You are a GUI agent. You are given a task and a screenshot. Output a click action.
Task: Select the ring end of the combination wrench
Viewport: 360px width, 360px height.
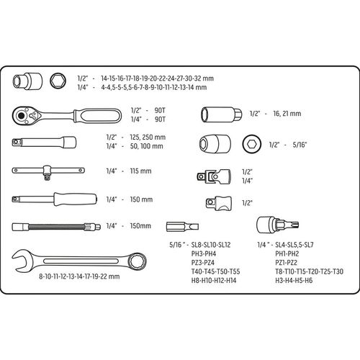pos(137,261)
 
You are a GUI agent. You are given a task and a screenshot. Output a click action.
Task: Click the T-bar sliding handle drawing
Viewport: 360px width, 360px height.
pos(48,171)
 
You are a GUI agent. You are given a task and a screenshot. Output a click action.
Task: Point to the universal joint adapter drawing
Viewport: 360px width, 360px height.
pos(214,176)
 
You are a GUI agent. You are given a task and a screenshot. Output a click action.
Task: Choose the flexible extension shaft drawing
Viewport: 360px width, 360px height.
pos(56,227)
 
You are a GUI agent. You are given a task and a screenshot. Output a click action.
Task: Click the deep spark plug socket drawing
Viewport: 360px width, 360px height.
pos(221,114)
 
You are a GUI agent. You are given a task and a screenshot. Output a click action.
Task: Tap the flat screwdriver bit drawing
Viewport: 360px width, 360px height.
pos(182,227)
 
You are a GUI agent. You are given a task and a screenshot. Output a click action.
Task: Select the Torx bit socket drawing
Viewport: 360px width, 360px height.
pos(277,225)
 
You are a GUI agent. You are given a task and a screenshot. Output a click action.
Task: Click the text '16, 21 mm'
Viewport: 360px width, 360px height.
pos(287,114)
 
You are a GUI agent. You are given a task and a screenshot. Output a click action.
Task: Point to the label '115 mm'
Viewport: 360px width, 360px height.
pos(140,171)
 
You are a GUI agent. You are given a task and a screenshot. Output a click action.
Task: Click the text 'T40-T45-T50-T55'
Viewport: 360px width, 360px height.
pos(215,271)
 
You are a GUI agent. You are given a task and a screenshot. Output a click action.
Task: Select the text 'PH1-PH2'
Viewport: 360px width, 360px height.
pos(287,253)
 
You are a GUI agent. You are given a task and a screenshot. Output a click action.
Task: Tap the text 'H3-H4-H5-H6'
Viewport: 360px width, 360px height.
pos(294,280)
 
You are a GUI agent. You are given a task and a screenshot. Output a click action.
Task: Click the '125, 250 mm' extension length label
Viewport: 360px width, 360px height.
pos(148,138)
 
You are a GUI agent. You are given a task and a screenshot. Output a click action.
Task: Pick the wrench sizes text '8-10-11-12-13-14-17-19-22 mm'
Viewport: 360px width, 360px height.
pos(79,276)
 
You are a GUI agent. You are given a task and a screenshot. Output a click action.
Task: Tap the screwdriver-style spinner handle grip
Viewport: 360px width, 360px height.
pos(75,199)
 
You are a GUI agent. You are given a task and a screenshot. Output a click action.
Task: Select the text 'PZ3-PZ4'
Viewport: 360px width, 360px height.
pos(203,263)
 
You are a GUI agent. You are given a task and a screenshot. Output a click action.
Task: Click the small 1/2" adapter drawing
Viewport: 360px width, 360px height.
pos(219,204)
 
